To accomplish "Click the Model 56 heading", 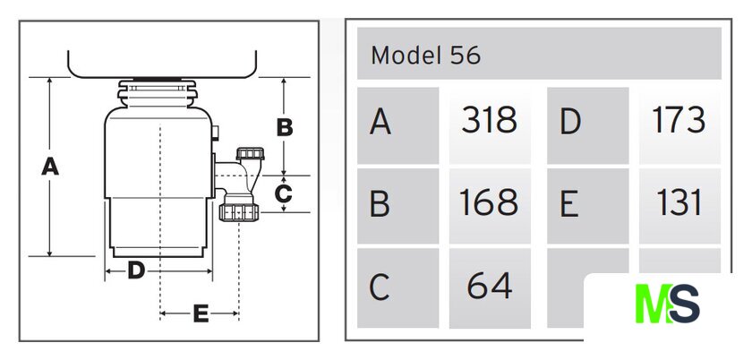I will [x=426, y=56].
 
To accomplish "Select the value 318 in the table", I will [x=489, y=120].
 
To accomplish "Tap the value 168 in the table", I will [x=489, y=203].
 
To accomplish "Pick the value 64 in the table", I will [x=489, y=287].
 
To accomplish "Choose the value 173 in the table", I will [x=679, y=120].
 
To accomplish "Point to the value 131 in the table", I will [x=679, y=203].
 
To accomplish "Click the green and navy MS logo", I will [x=668, y=304].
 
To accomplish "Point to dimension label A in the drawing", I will [x=50, y=167].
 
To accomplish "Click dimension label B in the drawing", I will [x=285, y=128].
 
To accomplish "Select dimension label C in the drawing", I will [x=284, y=193].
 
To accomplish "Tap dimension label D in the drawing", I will [x=136, y=270].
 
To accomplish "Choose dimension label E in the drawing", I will [x=201, y=313].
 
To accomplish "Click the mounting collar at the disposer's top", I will [x=158, y=92].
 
